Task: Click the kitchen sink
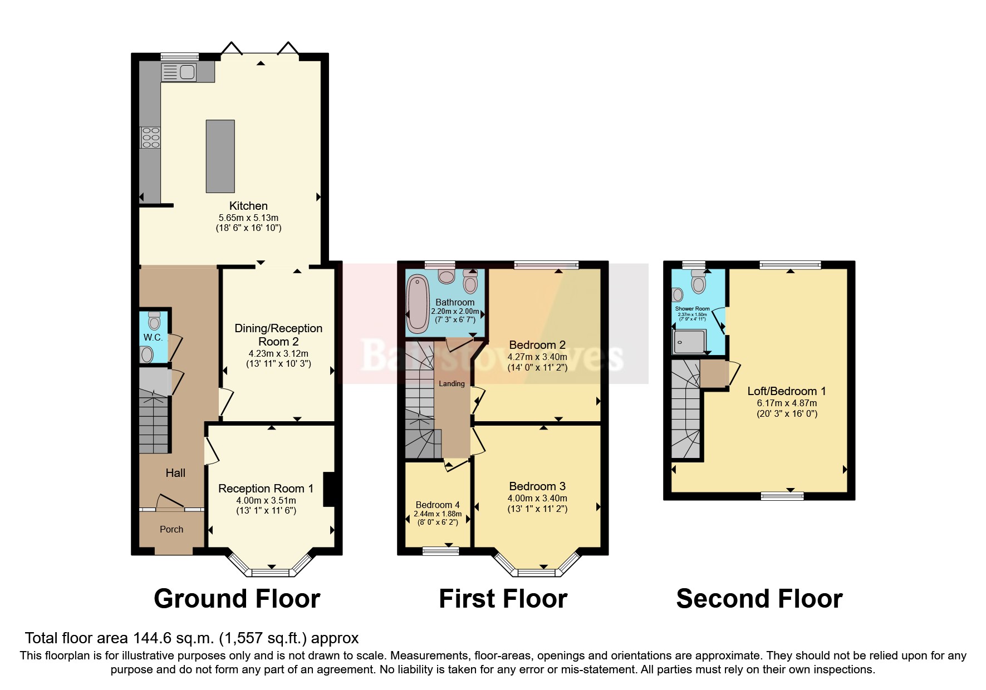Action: click(x=179, y=72)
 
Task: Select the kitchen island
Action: click(x=220, y=156)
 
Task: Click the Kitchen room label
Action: click(x=248, y=206)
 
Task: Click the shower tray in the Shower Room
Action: click(x=690, y=342)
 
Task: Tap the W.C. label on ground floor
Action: click(x=153, y=338)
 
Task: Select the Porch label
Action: click(x=171, y=529)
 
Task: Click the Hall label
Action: click(x=175, y=473)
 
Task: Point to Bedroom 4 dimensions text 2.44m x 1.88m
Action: click(x=438, y=514)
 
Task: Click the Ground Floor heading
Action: click(x=237, y=599)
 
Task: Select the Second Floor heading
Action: click(x=759, y=599)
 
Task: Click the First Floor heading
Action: click(x=503, y=599)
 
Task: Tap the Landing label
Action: click(x=452, y=383)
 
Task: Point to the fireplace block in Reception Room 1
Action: click(x=328, y=489)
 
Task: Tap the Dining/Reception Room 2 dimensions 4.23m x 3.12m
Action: click(x=278, y=353)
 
